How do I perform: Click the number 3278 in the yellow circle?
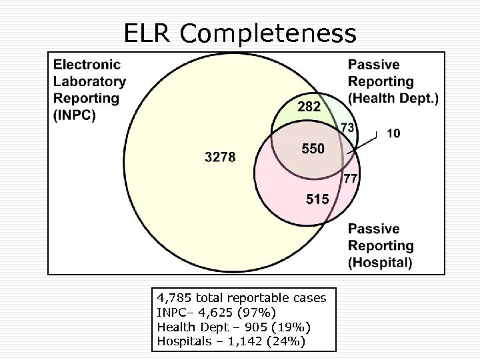coord(221,157)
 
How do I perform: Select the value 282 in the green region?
coord(308,107)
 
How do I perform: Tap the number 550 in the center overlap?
coord(313,149)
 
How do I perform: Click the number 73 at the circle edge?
coord(347,127)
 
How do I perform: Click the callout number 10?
coord(393,133)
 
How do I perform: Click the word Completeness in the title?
coord(269,33)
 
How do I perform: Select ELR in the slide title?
coord(149,33)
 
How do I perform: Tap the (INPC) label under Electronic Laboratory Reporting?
coord(74,115)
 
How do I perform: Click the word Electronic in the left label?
coord(87,65)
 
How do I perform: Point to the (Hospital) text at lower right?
coord(380,262)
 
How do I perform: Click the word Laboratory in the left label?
coord(89,81)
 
